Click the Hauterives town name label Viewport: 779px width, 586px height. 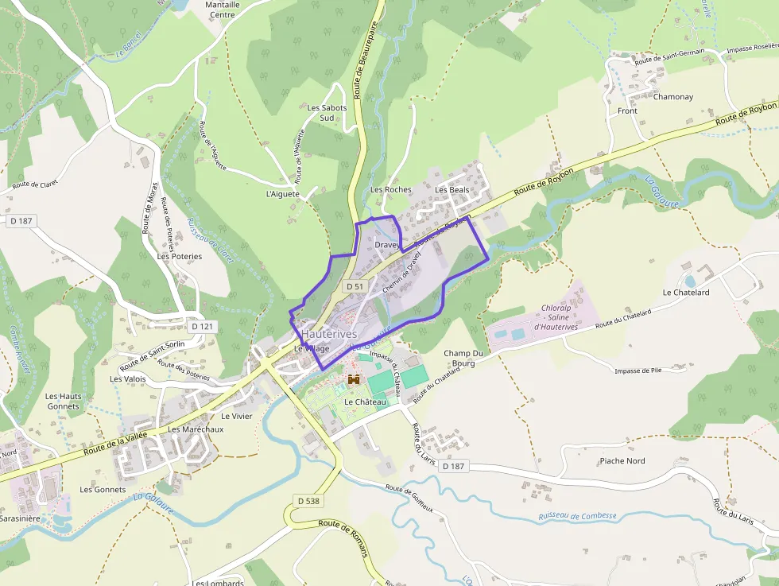point(328,335)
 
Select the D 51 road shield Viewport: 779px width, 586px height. point(355,286)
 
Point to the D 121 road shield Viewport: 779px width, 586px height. point(203,326)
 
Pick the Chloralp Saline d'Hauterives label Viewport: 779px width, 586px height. point(555,317)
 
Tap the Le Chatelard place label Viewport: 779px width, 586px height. point(685,293)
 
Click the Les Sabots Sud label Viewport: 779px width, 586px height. point(327,113)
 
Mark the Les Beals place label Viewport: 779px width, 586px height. point(452,190)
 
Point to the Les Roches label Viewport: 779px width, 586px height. point(391,190)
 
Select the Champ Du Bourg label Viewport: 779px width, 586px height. point(464,358)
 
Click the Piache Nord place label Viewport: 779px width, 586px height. point(622,461)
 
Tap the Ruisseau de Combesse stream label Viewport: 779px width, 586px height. point(577,516)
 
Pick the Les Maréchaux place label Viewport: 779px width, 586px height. point(196,429)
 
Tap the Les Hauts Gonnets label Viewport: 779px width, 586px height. point(63,401)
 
